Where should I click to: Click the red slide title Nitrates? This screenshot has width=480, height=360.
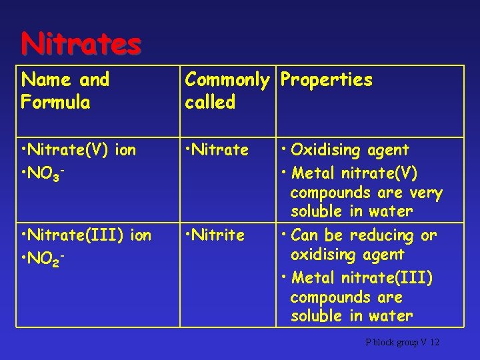[81, 44]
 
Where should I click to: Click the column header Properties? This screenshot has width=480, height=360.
[326, 80]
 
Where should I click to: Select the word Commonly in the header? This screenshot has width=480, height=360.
[227, 80]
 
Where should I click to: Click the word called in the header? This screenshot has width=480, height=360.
[210, 103]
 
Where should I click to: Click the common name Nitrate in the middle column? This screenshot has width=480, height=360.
[219, 150]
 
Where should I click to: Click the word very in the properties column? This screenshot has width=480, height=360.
[426, 193]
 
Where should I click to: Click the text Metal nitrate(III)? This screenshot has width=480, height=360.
[362, 277]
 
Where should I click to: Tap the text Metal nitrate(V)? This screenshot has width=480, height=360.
[354, 173]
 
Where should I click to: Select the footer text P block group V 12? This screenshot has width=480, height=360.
[402, 342]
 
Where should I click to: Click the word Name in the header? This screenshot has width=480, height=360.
[46, 80]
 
